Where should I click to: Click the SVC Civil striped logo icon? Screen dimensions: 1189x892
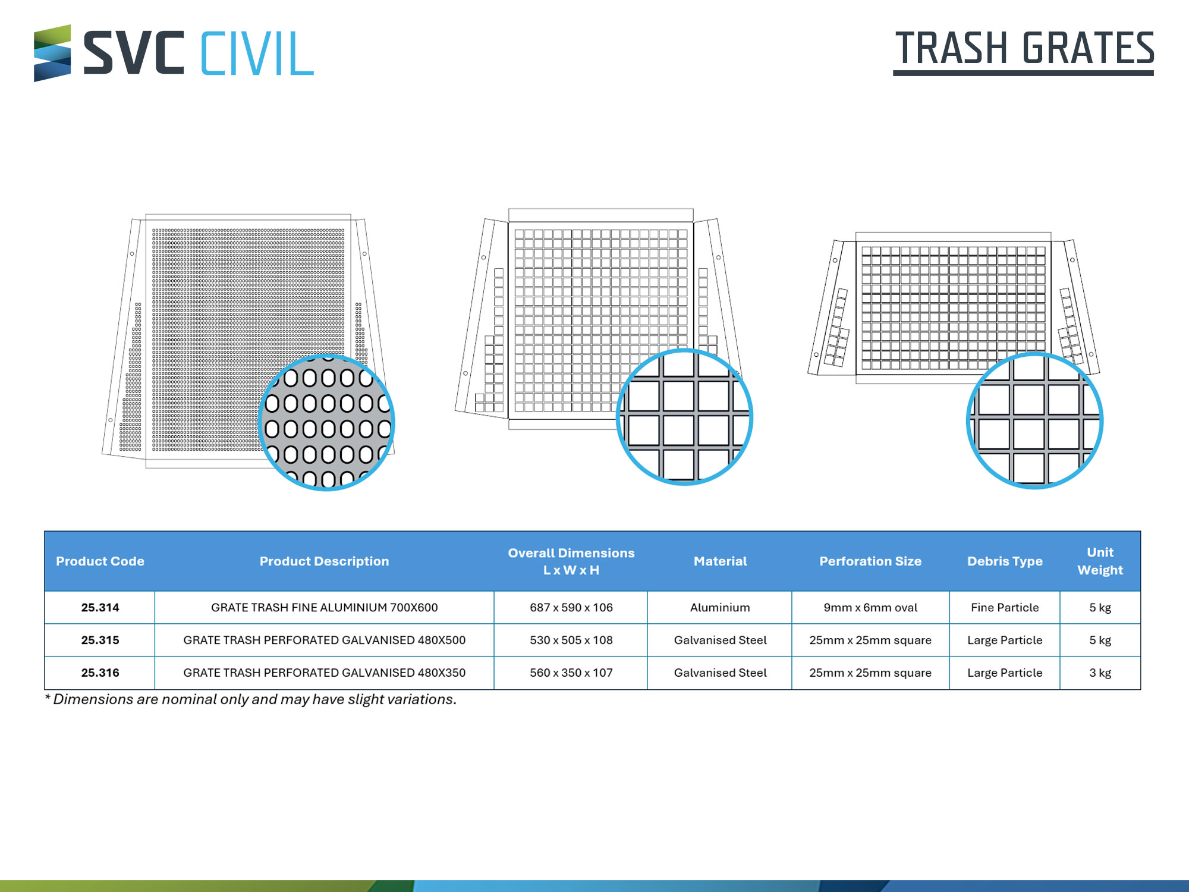coord(52,53)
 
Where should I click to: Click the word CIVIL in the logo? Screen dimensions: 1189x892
coord(257,54)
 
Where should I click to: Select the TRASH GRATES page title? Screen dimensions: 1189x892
coord(1024,49)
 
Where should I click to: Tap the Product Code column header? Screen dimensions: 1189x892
coord(100,561)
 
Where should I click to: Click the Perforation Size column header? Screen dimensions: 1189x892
coord(870,561)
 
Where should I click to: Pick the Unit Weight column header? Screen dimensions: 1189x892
coord(1100,561)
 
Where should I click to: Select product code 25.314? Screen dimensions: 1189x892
coord(100,607)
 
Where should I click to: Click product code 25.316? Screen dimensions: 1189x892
coord(100,673)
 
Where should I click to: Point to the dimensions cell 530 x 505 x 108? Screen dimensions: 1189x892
coord(571,640)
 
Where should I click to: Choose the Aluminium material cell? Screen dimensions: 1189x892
coord(720,607)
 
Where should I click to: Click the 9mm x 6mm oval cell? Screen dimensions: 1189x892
coord(870,607)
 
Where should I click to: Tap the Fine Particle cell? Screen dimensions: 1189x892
coord(1005,607)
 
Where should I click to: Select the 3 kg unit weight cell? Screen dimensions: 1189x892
coord(1100,673)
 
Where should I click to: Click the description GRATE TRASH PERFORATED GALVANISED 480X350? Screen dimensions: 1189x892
coord(324,673)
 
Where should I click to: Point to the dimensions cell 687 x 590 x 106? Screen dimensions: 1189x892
coord(571,607)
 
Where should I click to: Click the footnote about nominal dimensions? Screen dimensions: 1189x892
coord(250,699)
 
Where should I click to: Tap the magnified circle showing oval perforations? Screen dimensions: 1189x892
coord(326,422)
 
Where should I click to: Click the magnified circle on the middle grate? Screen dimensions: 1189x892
coord(685,417)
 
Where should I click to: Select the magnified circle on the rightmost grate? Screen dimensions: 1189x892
coord(1035,420)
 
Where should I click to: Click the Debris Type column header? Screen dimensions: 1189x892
coord(1005,561)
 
